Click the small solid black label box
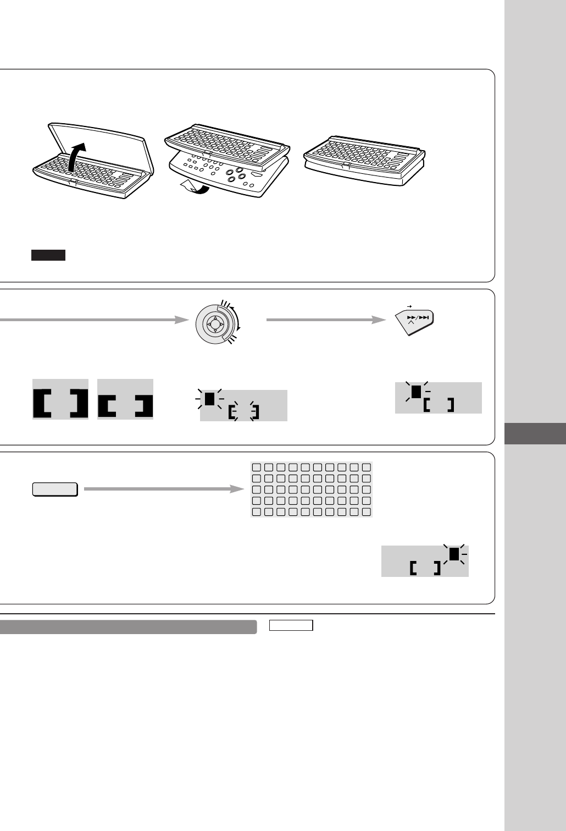48,255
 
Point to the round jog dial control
214,325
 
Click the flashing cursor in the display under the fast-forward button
416,391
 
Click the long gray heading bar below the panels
129,627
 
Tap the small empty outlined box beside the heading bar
291,625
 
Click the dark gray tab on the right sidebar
535,433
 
